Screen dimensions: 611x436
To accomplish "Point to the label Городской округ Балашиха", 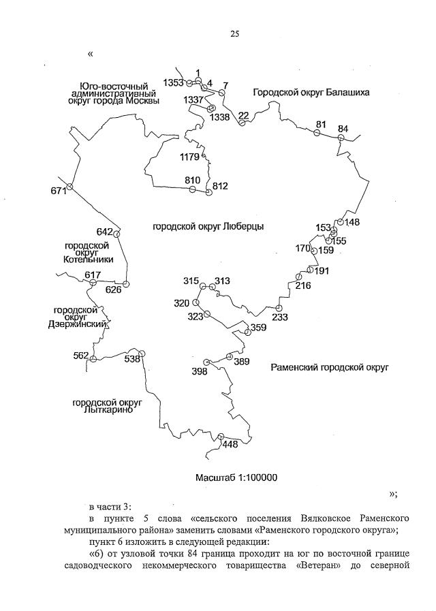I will pyautogui.click(x=311, y=92).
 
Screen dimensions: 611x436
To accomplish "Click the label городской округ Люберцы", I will pyautogui.click(x=208, y=226).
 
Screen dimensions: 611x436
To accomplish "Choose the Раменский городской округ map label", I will pyautogui.click(x=329, y=367).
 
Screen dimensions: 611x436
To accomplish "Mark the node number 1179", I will pyautogui.click(x=189, y=157).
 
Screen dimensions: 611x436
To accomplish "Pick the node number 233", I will pyautogui.click(x=280, y=317).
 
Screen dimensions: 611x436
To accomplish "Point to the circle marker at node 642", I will pyautogui.click(x=116, y=234).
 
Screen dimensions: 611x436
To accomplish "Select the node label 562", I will pyautogui.click(x=81, y=356).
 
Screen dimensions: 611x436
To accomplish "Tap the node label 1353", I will pyautogui.click(x=174, y=82).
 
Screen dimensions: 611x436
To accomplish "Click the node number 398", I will pyautogui.click(x=200, y=371).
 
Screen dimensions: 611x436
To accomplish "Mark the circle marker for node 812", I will pyautogui.click(x=209, y=193).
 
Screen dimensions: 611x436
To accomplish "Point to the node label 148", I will pyautogui.click(x=352, y=222).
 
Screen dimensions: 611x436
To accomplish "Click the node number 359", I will pyautogui.click(x=258, y=328).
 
